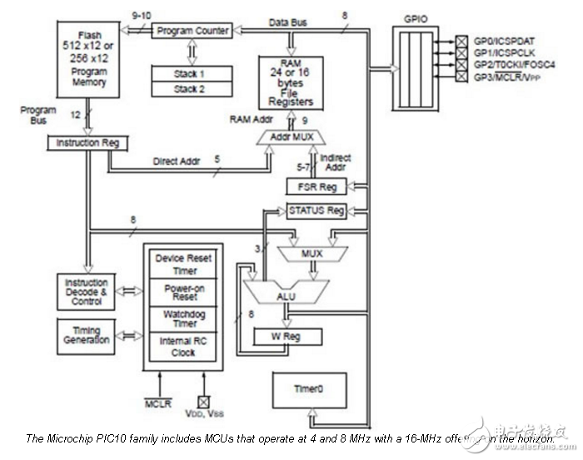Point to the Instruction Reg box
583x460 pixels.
pyautogui.click(x=88, y=142)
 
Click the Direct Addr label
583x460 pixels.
pyautogui.click(x=176, y=161)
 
